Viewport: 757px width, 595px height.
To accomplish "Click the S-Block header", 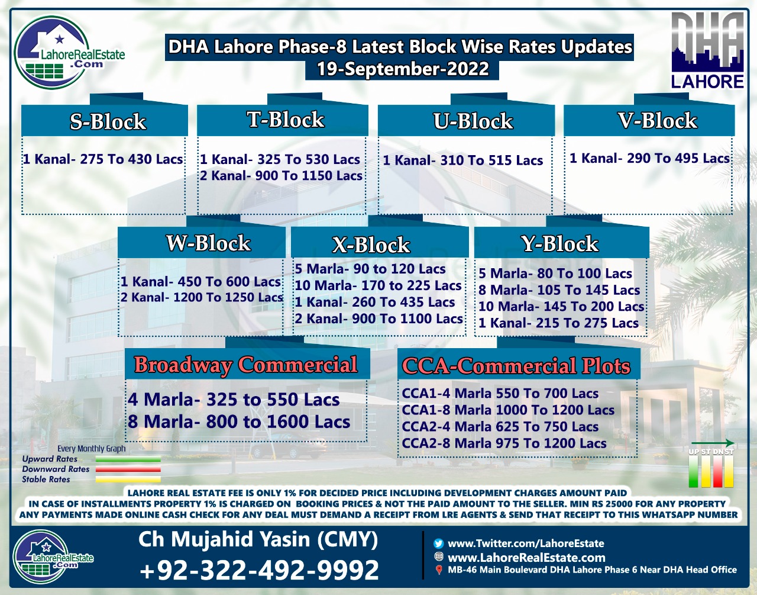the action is point(108,121).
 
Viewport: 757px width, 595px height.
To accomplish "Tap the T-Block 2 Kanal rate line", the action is point(281,175).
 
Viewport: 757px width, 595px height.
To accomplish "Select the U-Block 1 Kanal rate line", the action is point(462,160).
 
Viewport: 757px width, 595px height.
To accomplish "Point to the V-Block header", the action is point(658,120).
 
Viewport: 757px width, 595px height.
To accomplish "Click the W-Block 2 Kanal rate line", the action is point(202,297).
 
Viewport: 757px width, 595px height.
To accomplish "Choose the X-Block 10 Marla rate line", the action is point(378,285).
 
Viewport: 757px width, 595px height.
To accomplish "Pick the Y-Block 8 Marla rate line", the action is point(559,290).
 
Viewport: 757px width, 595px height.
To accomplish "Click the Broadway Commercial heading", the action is point(246,365).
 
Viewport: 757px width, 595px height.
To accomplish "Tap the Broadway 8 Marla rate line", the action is point(239,422).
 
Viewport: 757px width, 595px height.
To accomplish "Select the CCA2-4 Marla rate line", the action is point(500,426).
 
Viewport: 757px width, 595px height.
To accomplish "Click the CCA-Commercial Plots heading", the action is point(516,366).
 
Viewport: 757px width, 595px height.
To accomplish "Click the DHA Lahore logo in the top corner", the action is point(707,50).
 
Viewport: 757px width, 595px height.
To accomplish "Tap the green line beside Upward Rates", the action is point(128,459).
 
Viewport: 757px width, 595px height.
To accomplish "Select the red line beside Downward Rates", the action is point(128,469).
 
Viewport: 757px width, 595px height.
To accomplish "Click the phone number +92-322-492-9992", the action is point(259,570).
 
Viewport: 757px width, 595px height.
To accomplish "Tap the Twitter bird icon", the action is point(439,543).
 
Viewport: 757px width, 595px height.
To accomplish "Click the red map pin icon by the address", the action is point(439,570).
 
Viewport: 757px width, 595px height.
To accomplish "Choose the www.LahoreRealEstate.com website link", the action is point(526,558).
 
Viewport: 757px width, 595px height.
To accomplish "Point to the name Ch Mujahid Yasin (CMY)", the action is point(258,539).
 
